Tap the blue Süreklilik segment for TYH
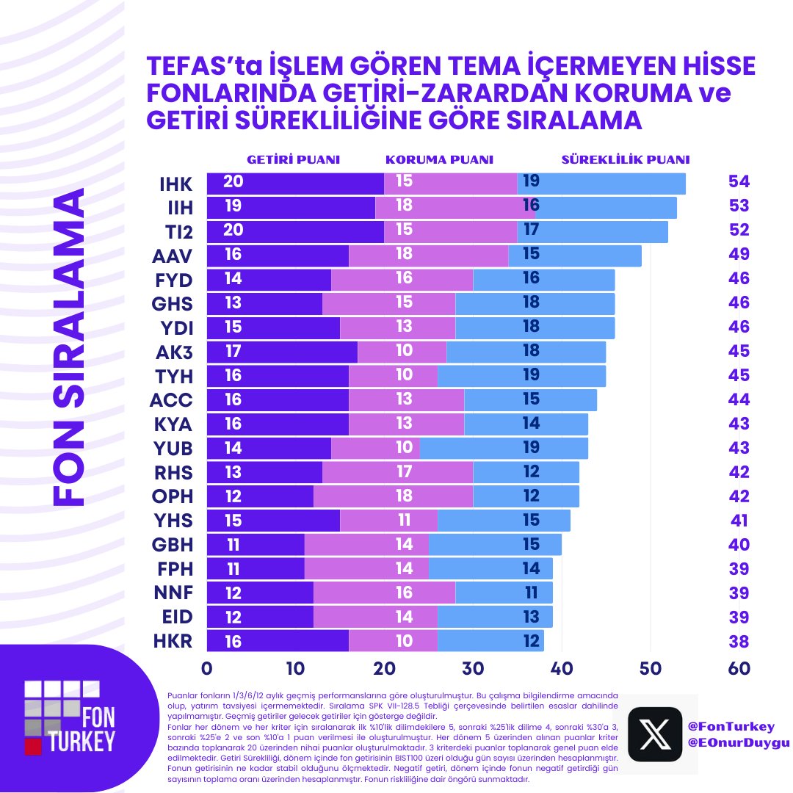tap(521, 377)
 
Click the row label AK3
tap(175, 352)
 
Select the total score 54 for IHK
tap(738, 182)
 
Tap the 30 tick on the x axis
tap(473, 669)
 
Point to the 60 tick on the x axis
tap(739, 669)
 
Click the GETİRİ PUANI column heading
tap(294, 159)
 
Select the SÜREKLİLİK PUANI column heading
tap(626, 159)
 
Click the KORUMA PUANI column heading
tap(439, 159)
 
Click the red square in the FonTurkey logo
tap(32, 746)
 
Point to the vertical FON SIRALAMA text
tap(70, 349)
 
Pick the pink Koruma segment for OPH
tap(393, 497)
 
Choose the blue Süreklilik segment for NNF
tap(504, 593)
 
